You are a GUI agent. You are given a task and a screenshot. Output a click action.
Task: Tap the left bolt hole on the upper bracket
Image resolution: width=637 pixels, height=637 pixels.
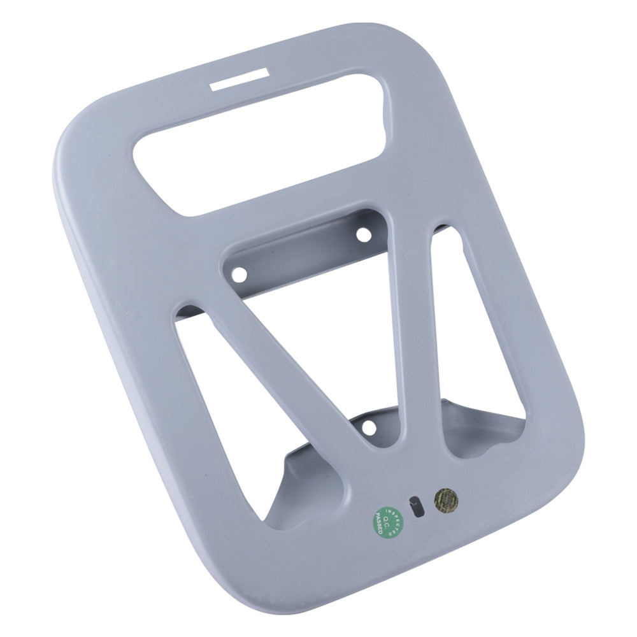click(x=241, y=275)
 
